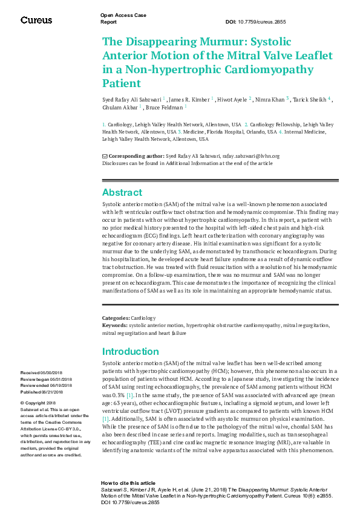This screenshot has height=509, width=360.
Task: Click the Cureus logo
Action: tap(36, 21)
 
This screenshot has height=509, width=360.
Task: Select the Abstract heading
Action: tap(122, 193)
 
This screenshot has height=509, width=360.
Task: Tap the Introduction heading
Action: tap(131, 352)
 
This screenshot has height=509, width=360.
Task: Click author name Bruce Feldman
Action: tap(165, 108)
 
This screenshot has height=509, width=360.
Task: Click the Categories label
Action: tap(116, 318)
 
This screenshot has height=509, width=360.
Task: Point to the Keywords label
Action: tap(114, 325)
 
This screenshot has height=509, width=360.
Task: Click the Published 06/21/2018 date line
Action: tap(47, 391)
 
